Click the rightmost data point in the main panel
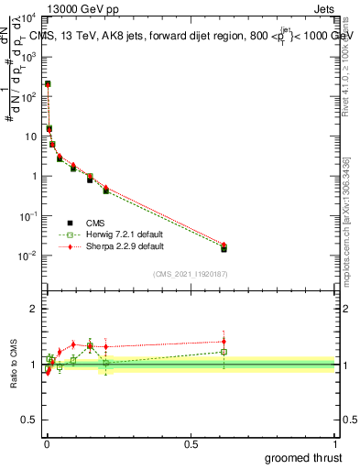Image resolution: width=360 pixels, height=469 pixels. pyautogui.click(x=224, y=247)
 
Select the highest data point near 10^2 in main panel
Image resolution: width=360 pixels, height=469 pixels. pyautogui.click(x=48, y=84)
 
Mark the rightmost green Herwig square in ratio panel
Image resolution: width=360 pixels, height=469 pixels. pyautogui.click(x=224, y=352)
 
